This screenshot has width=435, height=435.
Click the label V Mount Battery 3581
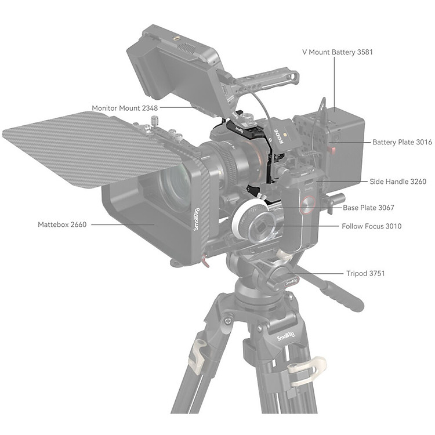[338, 52]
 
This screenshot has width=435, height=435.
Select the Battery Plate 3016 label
[403, 142]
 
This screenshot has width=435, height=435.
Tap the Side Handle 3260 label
[398, 182]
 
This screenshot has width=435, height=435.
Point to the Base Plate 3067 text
[368, 208]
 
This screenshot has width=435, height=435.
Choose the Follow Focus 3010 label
[371, 226]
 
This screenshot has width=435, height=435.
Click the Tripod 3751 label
[365, 274]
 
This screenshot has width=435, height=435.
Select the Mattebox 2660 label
[62, 224]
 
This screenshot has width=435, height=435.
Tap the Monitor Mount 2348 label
[125, 108]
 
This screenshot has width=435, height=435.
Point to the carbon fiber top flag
[92, 148]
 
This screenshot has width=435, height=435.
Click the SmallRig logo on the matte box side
[197, 219]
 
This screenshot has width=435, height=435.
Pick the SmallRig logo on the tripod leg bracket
[286, 336]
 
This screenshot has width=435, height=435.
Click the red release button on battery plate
[332, 151]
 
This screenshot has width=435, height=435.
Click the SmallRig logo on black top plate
[239, 129]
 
